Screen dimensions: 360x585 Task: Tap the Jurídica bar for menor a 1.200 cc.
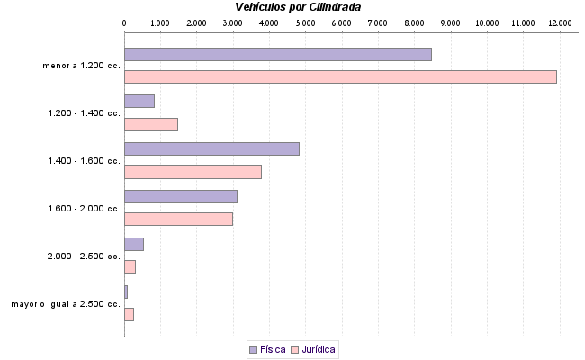tap(340, 76)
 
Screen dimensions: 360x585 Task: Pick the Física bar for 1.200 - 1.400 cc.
tap(139, 101)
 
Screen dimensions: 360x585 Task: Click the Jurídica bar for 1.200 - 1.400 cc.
tap(151, 124)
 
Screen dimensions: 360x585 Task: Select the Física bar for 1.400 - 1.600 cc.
tap(211, 148)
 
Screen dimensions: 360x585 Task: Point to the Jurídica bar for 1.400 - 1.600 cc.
tap(193, 172)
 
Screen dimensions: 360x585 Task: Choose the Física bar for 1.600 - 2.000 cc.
tap(181, 196)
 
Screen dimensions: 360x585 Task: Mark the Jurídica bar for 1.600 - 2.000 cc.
tap(178, 219)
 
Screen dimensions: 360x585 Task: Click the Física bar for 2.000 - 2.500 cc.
tap(134, 244)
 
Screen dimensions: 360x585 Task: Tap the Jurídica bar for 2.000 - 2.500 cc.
tap(130, 266)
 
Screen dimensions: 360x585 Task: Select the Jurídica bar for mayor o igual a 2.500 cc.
tap(129, 314)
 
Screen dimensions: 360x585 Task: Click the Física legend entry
tap(267, 349)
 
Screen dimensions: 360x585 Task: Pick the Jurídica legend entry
tap(314, 349)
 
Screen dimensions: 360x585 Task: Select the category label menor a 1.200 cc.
tap(81, 66)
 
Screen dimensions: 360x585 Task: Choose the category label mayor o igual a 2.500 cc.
tap(66, 304)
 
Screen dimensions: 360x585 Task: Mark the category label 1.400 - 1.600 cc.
tap(85, 161)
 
